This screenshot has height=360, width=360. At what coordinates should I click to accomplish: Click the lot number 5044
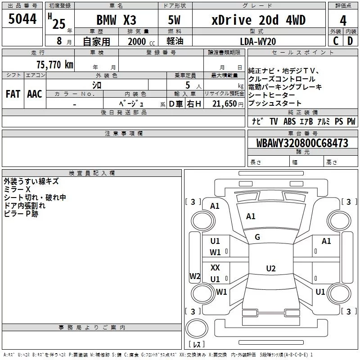coord(22,19)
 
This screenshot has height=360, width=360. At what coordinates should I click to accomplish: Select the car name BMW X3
coord(116,20)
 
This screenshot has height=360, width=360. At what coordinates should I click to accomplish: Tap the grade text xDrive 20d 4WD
coord(258,20)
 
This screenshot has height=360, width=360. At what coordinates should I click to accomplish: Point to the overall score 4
coord(343,21)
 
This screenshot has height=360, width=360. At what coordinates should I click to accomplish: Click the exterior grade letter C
coord(336,41)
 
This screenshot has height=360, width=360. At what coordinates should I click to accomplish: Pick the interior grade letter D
coord(350,41)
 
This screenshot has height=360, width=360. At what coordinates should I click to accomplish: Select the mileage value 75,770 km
coord(55,64)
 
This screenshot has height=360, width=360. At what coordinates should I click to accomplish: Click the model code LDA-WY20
coord(258,41)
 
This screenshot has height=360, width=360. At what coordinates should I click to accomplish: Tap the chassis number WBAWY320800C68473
coord(302,143)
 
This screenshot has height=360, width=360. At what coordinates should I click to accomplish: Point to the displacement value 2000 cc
coord(141,41)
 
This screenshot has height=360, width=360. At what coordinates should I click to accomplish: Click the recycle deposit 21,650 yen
coord(228,104)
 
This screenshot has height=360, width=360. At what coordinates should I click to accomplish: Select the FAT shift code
coord(13,94)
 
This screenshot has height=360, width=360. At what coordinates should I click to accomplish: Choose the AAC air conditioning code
coord(35,94)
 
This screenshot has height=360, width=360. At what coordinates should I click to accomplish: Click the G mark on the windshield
coord(257,237)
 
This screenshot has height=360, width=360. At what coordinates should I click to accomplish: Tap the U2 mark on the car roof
coord(271,268)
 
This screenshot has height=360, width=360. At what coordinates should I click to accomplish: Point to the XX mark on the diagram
coord(215,267)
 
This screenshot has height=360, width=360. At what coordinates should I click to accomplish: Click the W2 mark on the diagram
coord(195,276)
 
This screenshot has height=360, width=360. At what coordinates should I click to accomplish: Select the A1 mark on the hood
coord(251,216)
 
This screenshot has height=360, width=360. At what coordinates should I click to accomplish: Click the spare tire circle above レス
coord(197,328)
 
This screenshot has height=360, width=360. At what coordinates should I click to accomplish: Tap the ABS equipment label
coord(289,121)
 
